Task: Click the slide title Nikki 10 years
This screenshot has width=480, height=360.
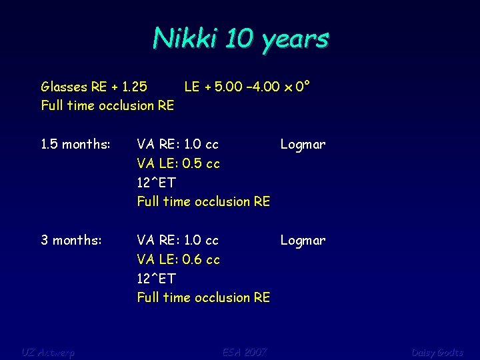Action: click(240, 39)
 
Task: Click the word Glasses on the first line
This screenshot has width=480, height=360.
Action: click(64, 87)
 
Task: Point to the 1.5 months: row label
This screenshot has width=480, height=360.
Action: click(75, 144)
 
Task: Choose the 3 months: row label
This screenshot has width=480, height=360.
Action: click(71, 240)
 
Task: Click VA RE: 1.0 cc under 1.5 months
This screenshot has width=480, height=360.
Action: click(178, 144)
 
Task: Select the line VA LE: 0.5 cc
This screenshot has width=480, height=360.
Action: click(178, 163)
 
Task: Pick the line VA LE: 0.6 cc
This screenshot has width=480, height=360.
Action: click(178, 259)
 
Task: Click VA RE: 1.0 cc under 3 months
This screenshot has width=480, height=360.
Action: click(178, 240)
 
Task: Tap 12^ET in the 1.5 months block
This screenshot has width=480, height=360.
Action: click(157, 183)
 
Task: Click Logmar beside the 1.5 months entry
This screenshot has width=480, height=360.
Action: click(303, 144)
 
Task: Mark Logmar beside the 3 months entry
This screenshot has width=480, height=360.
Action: click(303, 240)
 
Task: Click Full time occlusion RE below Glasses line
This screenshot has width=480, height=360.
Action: click(107, 105)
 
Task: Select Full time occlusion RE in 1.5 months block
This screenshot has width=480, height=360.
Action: click(203, 201)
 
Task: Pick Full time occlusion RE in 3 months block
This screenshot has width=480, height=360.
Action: click(203, 297)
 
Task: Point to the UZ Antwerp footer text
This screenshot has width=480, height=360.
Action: click(48, 352)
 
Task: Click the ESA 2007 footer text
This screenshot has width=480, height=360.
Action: click(244, 352)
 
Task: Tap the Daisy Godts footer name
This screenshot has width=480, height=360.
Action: click(437, 352)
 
